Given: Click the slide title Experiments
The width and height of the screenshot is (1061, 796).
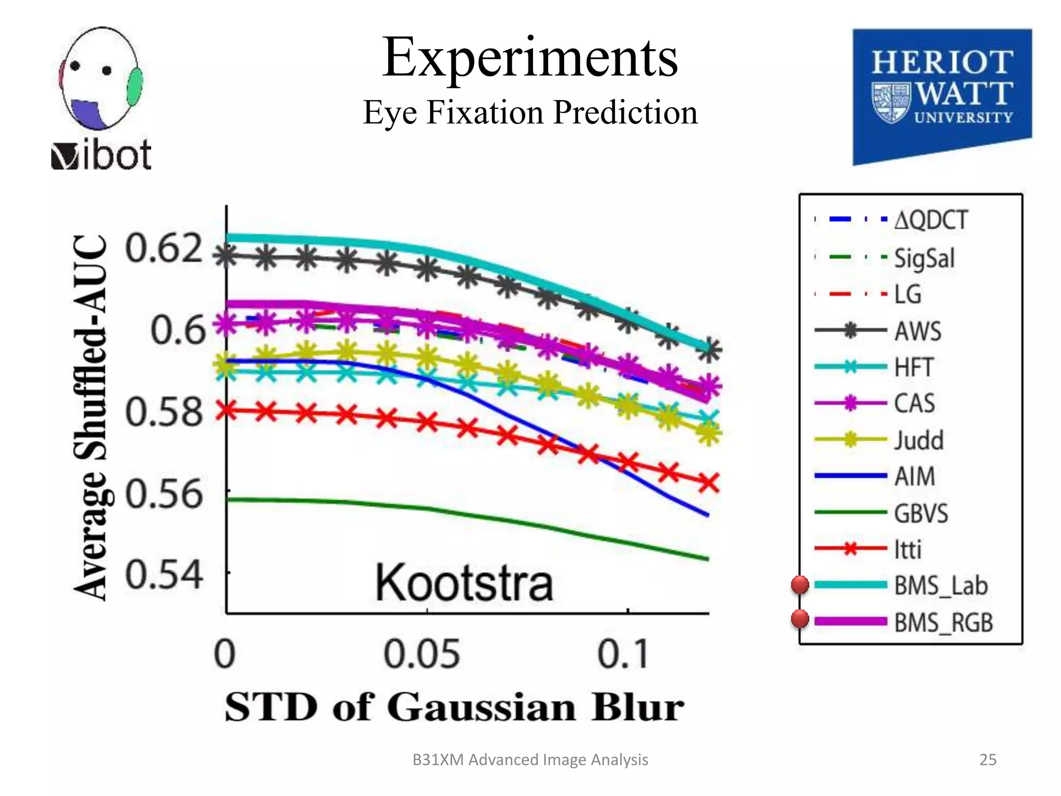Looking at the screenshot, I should pyautogui.click(x=530, y=58).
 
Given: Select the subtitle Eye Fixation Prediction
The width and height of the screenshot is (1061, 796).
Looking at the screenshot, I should pyautogui.click(x=530, y=112).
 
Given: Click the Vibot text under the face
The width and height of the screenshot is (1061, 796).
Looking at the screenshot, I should pyautogui.click(x=102, y=155).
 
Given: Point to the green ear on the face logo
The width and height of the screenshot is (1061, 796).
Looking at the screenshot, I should pyautogui.click(x=135, y=87).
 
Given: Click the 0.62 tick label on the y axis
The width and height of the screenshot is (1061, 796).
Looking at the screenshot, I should pyautogui.click(x=164, y=248).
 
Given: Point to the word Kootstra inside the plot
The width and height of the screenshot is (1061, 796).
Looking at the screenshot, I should pyautogui.click(x=464, y=584).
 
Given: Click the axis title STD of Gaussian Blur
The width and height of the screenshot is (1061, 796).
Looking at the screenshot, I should pyautogui.click(x=454, y=707).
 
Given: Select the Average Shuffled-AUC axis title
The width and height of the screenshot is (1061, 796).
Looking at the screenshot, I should pyautogui.click(x=91, y=417).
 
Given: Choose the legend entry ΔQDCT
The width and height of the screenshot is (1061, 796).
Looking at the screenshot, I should pyautogui.click(x=930, y=220).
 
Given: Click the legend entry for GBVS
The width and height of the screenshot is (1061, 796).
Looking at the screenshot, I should pyautogui.click(x=921, y=514).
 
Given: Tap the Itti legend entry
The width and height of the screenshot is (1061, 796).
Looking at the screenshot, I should pyautogui.click(x=908, y=549).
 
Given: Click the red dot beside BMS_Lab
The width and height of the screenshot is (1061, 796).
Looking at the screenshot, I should pyautogui.click(x=800, y=585).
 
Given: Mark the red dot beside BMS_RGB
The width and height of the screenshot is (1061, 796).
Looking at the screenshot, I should pyautogui.click(x=800, y=619).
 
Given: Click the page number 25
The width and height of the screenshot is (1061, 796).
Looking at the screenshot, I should pyautogui.click(x=987, y=760).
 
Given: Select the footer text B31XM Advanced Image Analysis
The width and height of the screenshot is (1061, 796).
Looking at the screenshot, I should pyautogui.click(x=530, y=760).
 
